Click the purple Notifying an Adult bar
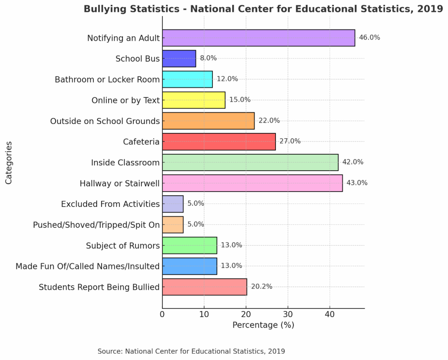258,38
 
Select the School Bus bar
179,59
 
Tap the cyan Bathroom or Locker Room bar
187,79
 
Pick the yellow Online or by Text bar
193,100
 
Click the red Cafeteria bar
219,142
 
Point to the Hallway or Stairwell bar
252,183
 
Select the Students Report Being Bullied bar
204,287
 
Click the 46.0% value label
369,37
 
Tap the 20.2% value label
261,287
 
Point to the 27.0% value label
290,141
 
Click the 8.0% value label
208,58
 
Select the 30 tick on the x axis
287,315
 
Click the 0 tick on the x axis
162,315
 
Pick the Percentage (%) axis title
263,325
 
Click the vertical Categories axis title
9,162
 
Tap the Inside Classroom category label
125,162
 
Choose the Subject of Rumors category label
123,245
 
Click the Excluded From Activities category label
110,204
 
